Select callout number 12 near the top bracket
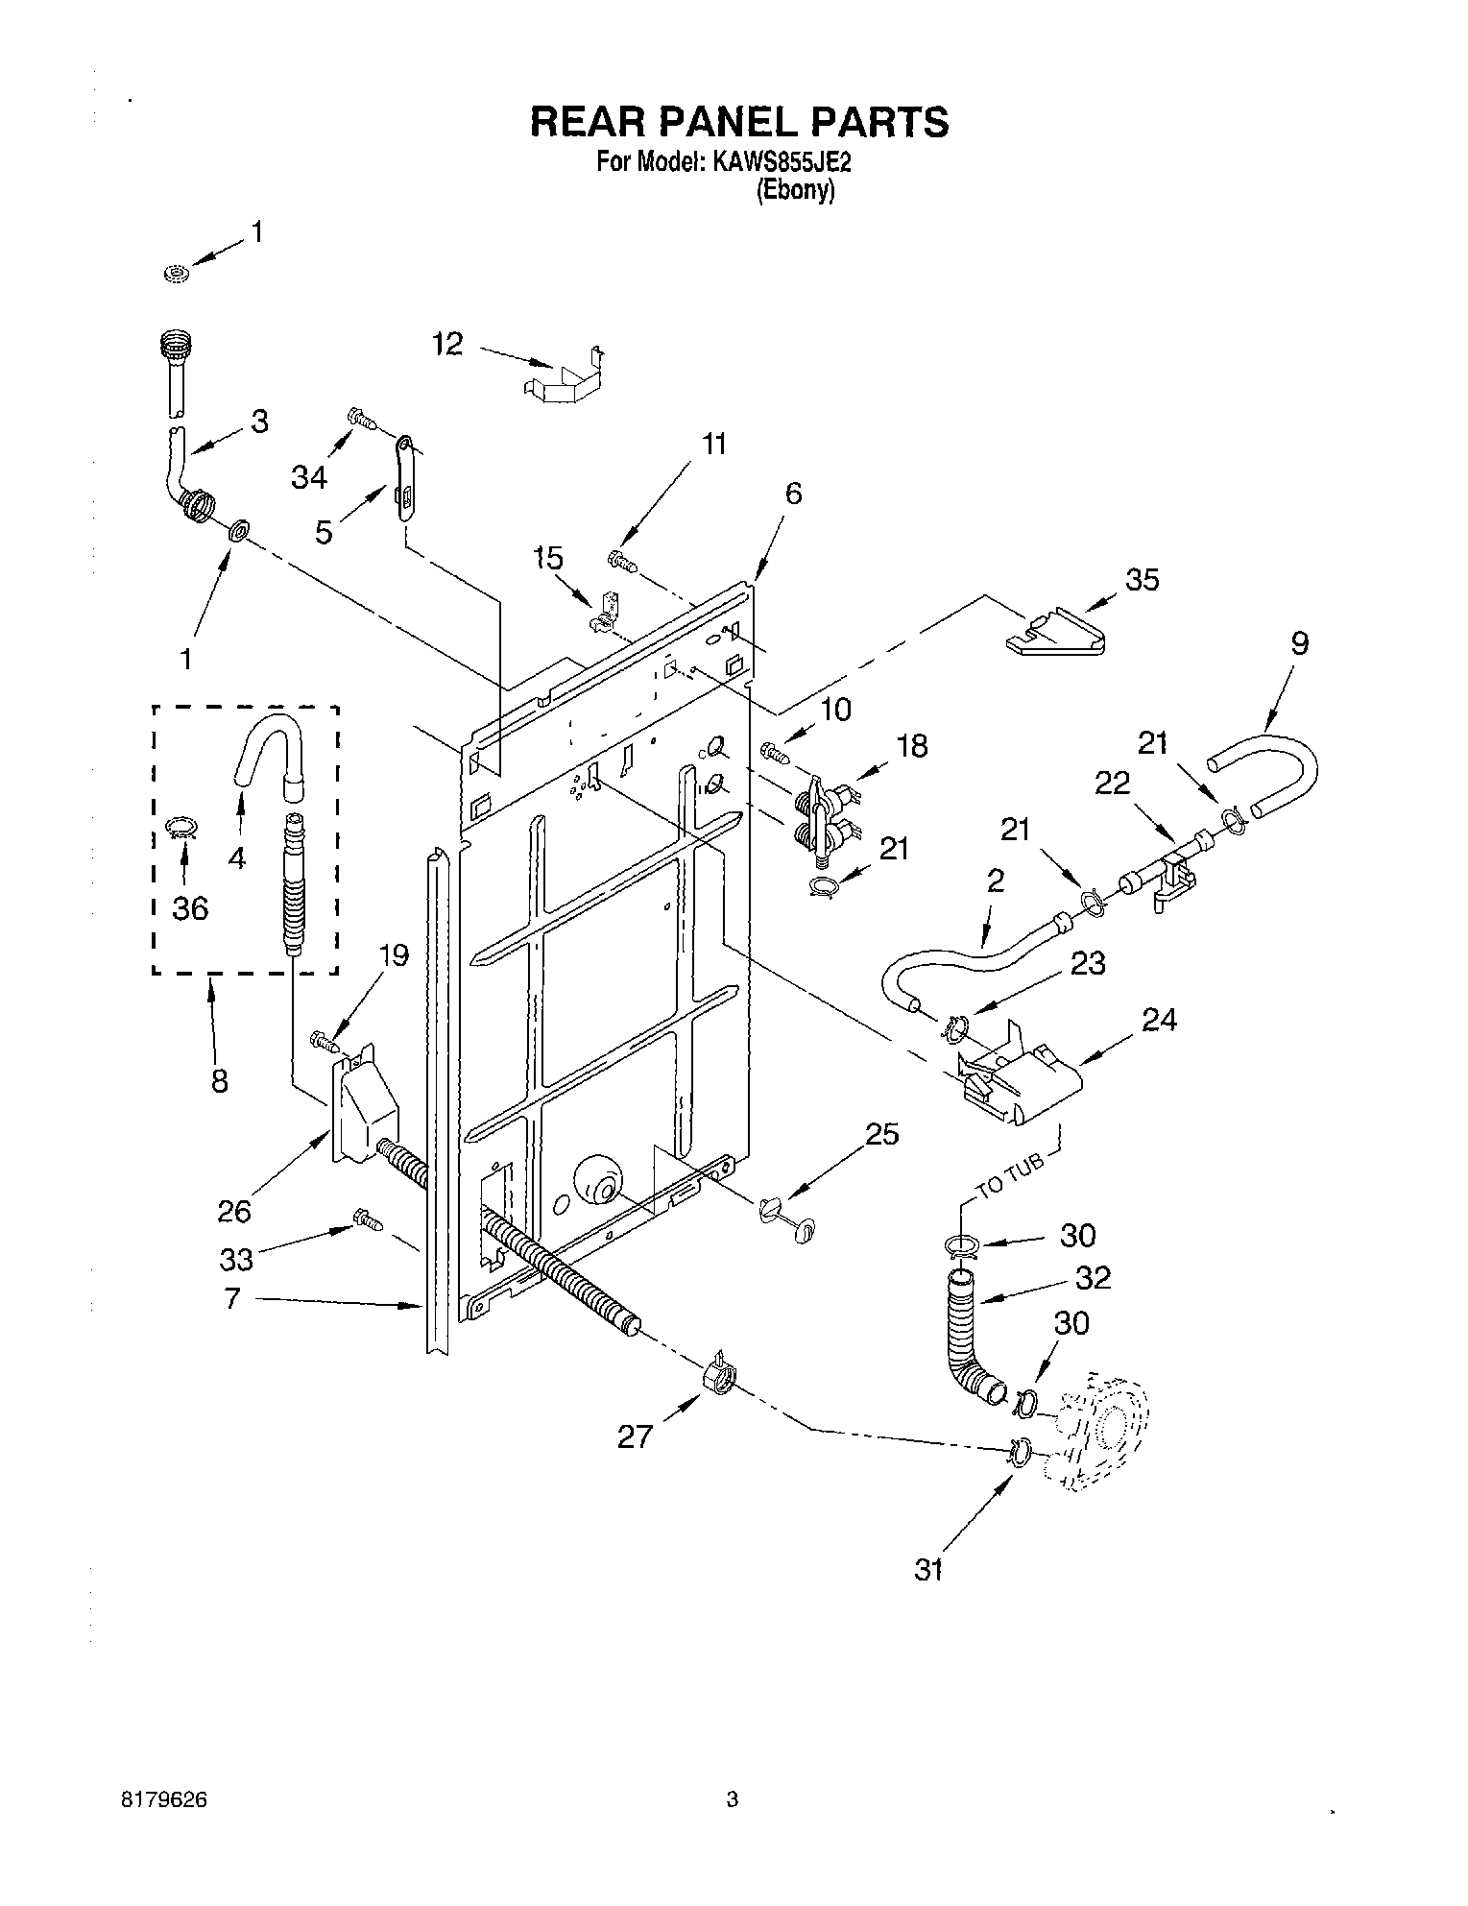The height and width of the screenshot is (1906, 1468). click(x=447, y=343)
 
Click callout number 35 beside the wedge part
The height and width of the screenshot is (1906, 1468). click(x=1142, y=579)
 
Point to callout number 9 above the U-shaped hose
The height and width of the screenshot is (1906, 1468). click(x=1299, y=642)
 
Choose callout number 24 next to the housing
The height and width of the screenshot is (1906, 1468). click(x=1159, y=1019)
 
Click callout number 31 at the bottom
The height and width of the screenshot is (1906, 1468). click(x=928, y=1569)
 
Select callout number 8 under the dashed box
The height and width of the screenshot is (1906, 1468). click(x=220, y=1080)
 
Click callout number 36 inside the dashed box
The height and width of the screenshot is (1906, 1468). click(x=190, y=906)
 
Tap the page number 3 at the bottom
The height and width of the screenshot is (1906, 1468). click(x=732, y=1799)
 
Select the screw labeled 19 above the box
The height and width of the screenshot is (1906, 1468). click(x=325, y=1039)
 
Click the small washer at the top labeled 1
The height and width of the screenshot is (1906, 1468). click(x=176, y=275)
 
